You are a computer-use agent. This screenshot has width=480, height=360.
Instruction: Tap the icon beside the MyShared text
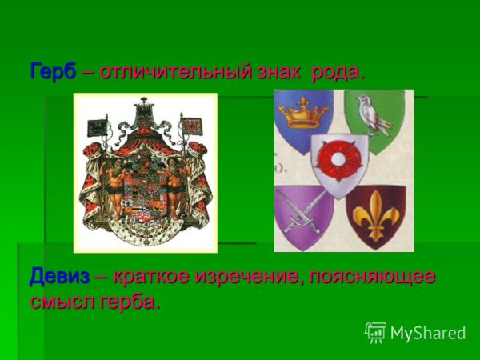pos(375,332)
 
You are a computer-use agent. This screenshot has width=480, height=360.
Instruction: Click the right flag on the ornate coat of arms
pos(191,128)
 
